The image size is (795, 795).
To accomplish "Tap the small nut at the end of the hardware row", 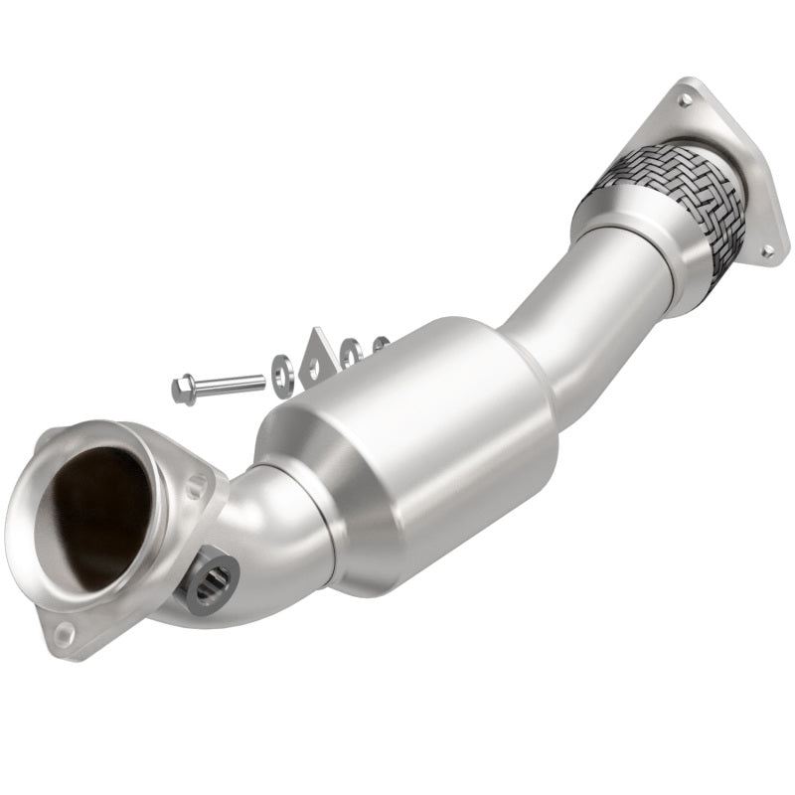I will pos(379,346).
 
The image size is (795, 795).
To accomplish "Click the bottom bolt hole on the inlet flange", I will pos(64,631).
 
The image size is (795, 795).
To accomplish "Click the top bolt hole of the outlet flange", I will pos(685,98).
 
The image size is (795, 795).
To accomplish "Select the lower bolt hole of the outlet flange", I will pos(766,251).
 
